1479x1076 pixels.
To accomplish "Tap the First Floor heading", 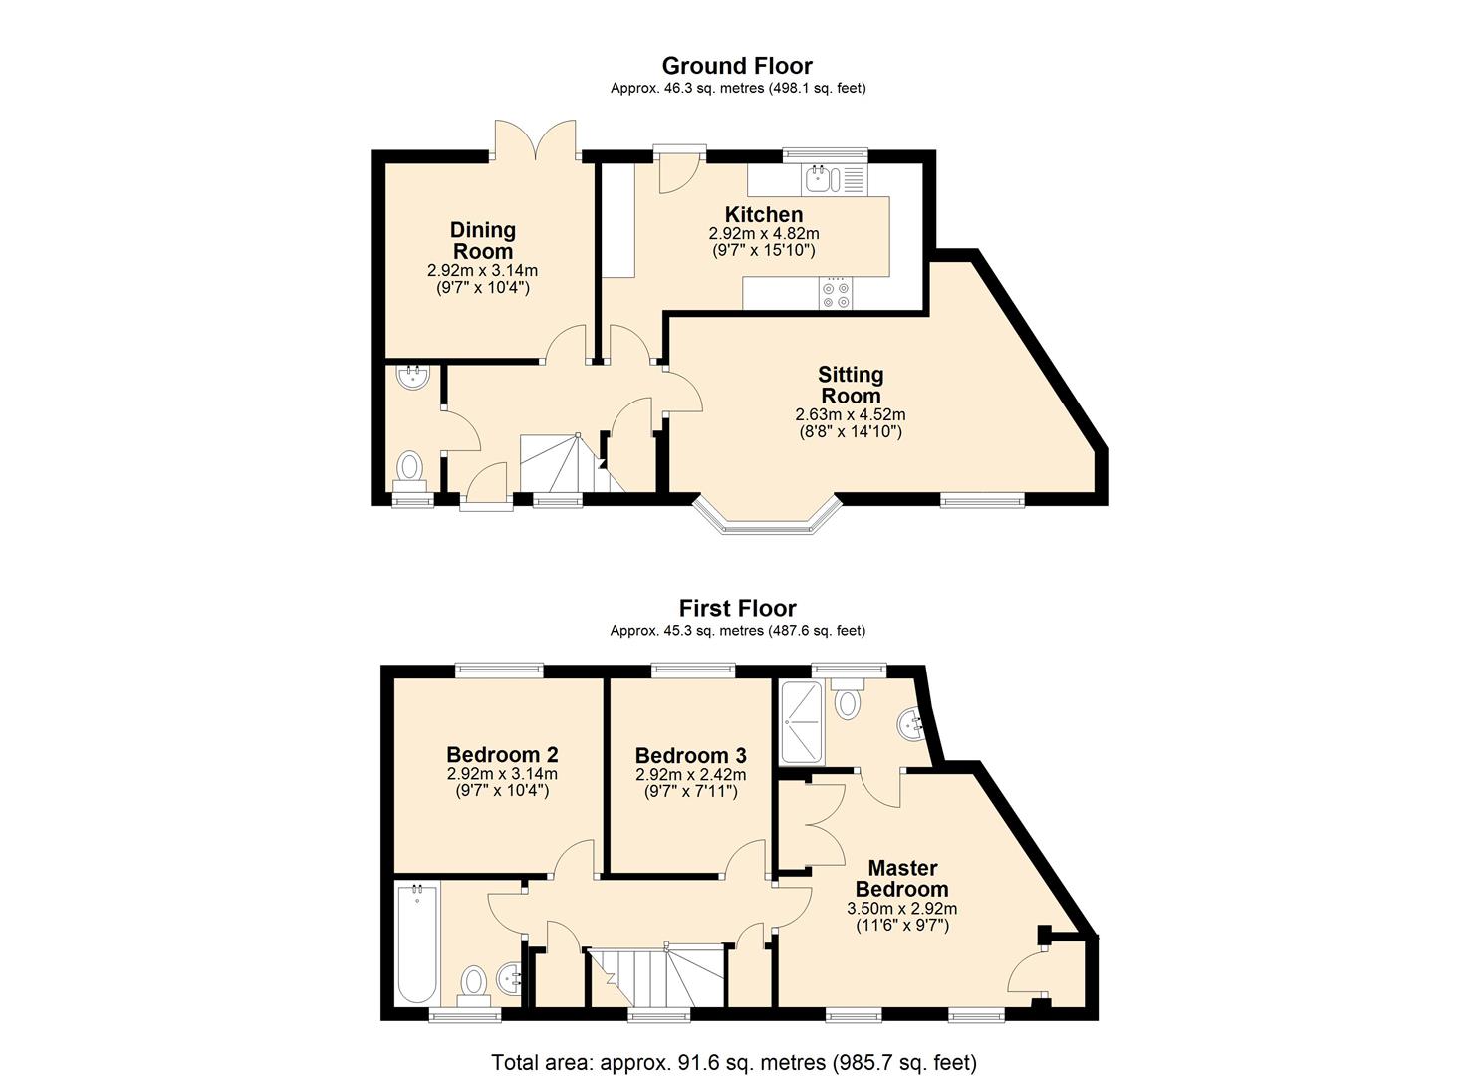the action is click(738, 608).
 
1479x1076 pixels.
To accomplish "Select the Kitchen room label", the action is click(764, 214).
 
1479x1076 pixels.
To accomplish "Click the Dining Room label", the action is click(483, 240).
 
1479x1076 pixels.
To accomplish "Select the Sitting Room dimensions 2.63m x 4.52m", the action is click(851, 414).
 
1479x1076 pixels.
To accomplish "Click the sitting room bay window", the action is click(767, 520).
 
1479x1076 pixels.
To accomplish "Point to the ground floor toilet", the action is click(410, 471).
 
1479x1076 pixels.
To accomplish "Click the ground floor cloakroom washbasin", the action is click(414, 378).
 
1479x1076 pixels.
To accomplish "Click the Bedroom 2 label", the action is click(502, 754).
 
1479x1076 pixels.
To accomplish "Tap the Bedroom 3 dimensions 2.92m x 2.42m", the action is click(690, 774).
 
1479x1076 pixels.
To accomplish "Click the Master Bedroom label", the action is click(902, 878).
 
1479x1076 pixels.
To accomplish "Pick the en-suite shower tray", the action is click(801, 723).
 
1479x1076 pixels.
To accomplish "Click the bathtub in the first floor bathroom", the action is click(417, 945).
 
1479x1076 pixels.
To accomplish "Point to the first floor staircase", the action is click(657, 977).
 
